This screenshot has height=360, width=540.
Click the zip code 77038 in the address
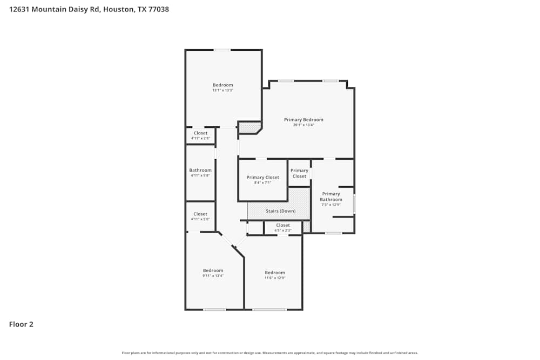coord(158,9)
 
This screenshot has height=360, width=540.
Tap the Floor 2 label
coord(21,324)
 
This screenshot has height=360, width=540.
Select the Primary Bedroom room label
coord(303,119)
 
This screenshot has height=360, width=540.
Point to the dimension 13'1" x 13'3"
coord(222,91)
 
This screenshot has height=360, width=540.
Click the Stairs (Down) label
coord(280,210)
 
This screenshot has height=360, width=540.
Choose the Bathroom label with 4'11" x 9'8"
coord(200,170)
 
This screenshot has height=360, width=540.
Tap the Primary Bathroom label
coord(331,196)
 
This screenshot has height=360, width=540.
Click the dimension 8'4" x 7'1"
coord(262,183)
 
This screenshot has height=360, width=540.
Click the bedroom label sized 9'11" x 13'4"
coord(213,270)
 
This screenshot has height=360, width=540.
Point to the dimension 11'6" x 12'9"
coord(275,278)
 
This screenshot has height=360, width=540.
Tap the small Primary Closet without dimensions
coord(299,173)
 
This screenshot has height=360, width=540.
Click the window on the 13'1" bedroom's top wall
coord(222,50)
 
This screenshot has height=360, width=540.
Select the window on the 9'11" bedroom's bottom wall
coord(214,309)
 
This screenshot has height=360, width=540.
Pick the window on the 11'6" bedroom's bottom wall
coord(269,309)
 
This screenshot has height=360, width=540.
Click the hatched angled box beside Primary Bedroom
coord(249,127)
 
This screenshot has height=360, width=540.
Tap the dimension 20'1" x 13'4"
coord(303,125)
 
